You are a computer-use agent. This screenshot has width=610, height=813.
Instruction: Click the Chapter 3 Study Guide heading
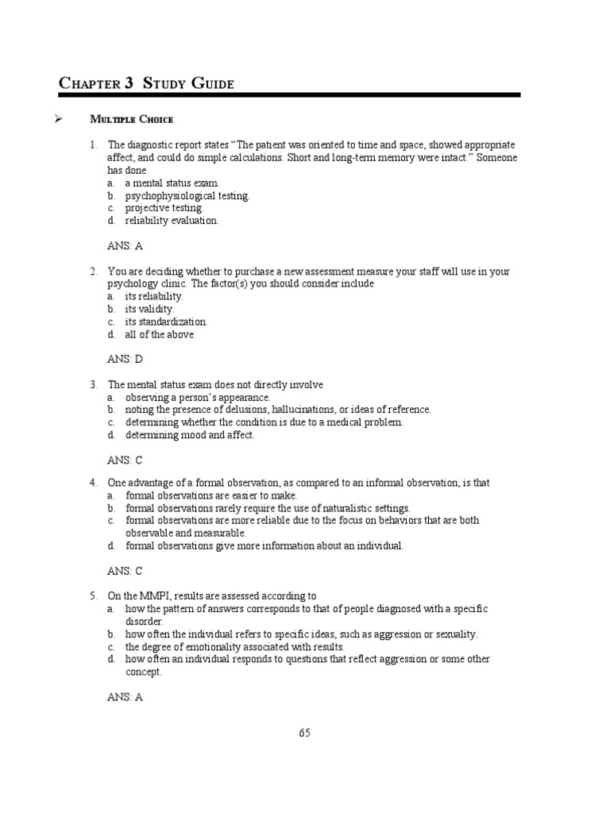147,83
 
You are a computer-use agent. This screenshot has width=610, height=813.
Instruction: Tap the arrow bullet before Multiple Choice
57,120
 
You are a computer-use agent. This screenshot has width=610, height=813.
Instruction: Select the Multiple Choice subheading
132,120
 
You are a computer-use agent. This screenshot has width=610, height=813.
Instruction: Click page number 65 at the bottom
305,733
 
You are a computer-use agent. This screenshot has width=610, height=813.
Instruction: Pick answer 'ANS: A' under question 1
125,246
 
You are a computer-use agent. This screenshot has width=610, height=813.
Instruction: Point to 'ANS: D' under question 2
125,360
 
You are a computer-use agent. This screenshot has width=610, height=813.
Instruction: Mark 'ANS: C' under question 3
125,460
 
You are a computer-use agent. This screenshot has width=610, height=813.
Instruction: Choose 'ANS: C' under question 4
125,571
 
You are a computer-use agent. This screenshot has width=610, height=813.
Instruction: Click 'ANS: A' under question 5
125,697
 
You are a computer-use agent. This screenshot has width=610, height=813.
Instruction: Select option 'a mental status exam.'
171,183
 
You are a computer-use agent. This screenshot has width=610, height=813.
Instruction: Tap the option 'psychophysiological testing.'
187,195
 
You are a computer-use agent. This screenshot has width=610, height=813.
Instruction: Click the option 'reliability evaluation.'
171,221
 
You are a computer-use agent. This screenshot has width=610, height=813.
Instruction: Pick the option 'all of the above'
159,334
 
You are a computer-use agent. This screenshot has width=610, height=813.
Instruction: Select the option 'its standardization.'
166,322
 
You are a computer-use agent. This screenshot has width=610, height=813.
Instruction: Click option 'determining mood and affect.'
190,435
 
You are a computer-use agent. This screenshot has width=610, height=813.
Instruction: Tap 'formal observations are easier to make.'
211,495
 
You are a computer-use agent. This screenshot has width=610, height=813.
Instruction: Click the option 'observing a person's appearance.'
198,397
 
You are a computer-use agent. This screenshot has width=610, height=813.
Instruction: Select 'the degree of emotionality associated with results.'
234,646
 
